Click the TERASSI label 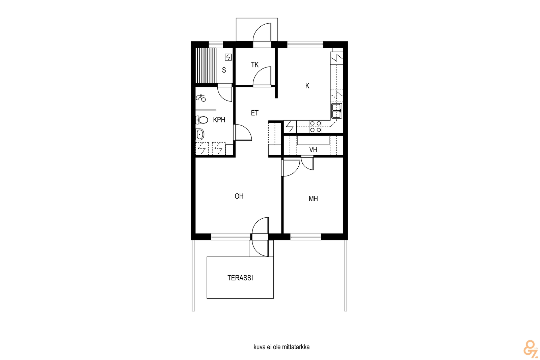point(240,278)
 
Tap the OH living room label point(239,196)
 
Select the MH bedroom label point(313,198)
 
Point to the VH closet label point(313,150)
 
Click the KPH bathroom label point(219,119)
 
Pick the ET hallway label point(254,113)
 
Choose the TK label point(254,64)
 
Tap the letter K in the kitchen point(307,86)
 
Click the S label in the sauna point(224,70)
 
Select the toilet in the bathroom point(201,120)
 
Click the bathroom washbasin point(200,134)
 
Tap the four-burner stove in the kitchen point(316,127)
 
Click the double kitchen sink point(337,111)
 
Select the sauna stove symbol point(228,57)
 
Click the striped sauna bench point(206,65)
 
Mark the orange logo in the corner point(530,348)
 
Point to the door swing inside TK point(262,76)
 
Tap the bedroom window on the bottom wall point(305,237)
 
